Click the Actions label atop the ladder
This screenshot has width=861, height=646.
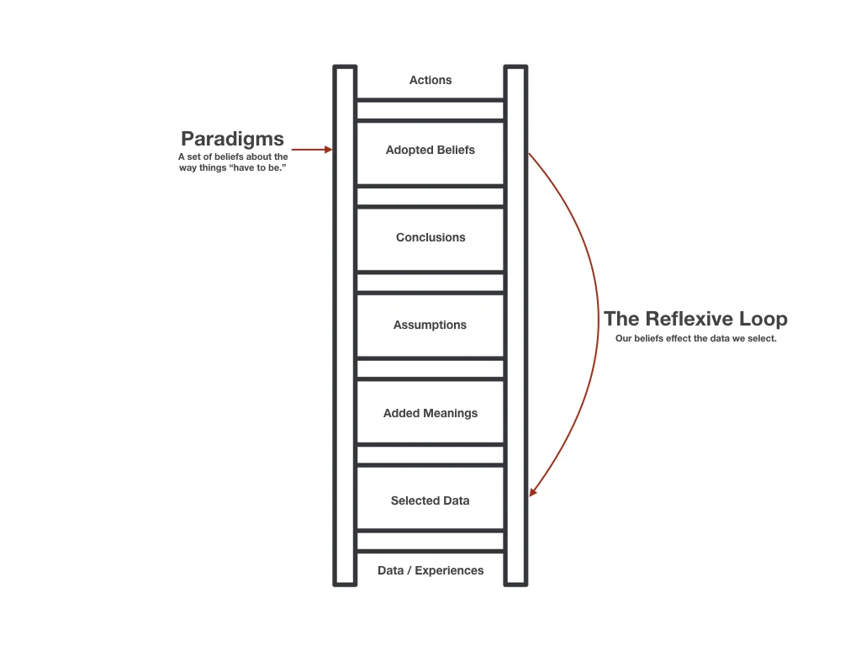coord(430,80)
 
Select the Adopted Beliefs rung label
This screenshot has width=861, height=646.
coord(430,150)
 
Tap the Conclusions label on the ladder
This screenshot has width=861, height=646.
coord(430,237)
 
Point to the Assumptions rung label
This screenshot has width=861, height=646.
coord(430,325)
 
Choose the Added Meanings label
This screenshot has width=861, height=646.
coord(430,413)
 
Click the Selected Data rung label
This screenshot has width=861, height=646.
coord(430,500)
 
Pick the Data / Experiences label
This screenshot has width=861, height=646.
coord(430,570)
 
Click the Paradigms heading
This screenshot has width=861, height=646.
coord(232,139)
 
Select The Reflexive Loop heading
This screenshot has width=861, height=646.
coord(695,319)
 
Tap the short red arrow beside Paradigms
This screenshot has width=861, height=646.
coord(312,150)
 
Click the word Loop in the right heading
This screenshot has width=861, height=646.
coord(761,319)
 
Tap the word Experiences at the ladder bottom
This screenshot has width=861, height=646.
coord(449,570)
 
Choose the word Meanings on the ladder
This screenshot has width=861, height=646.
coord(449,413)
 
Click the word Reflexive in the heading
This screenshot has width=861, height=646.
coord(687,319)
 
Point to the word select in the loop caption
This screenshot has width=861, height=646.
coord(759,339)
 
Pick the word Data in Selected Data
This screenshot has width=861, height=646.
coord(456,500)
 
